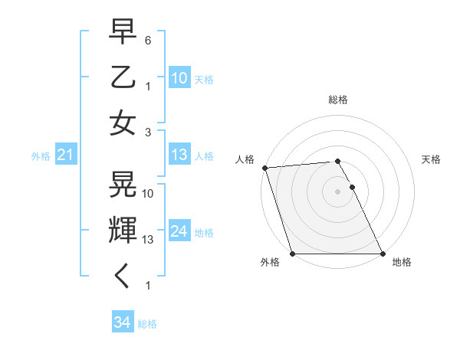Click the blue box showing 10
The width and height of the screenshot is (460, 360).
tap(179, 77)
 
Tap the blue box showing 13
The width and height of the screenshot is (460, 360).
tap(179, 155)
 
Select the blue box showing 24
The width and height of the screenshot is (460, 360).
tap(179, 231)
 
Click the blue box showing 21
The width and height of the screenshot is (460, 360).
tap(65, 155)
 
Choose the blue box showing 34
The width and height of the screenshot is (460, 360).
tap(122, 322)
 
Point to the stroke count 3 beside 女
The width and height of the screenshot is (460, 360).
tap(148, 131)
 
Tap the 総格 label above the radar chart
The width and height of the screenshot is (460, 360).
tap(338, 100)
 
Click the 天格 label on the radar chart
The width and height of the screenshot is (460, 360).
tap(432, 159)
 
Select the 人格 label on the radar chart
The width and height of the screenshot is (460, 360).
tap(245, 159)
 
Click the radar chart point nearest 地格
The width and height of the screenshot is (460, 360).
tap(382, 254)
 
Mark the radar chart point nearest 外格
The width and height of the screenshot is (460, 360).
tap(293, 254)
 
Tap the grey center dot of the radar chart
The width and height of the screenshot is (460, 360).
tap(337, 191)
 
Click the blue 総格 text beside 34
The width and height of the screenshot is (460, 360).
tap(147, 324)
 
